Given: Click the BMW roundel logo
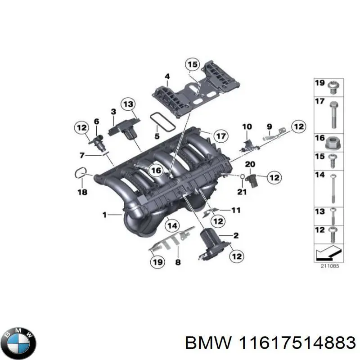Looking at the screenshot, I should pyautogui.click(x=18, y=342).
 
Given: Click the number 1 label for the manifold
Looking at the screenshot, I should pyautogui.click(x=104, y=216).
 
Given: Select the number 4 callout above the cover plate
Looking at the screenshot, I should pyautogui.click(x=167, y=76).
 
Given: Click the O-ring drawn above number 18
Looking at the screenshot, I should pyautogui.click(x=81, y=172).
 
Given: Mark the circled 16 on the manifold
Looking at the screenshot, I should pyautogui.click(x=155, y=171).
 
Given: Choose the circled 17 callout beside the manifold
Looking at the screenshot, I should pyautogui.click(x=220, y=136).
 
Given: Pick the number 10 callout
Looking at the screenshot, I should pyautogui.click(x=247, y=127).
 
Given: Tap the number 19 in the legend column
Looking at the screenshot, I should pyautogui.click(x=319, y=83).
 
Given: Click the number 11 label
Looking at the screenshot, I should pyautogui.click(x=236, y=210).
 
